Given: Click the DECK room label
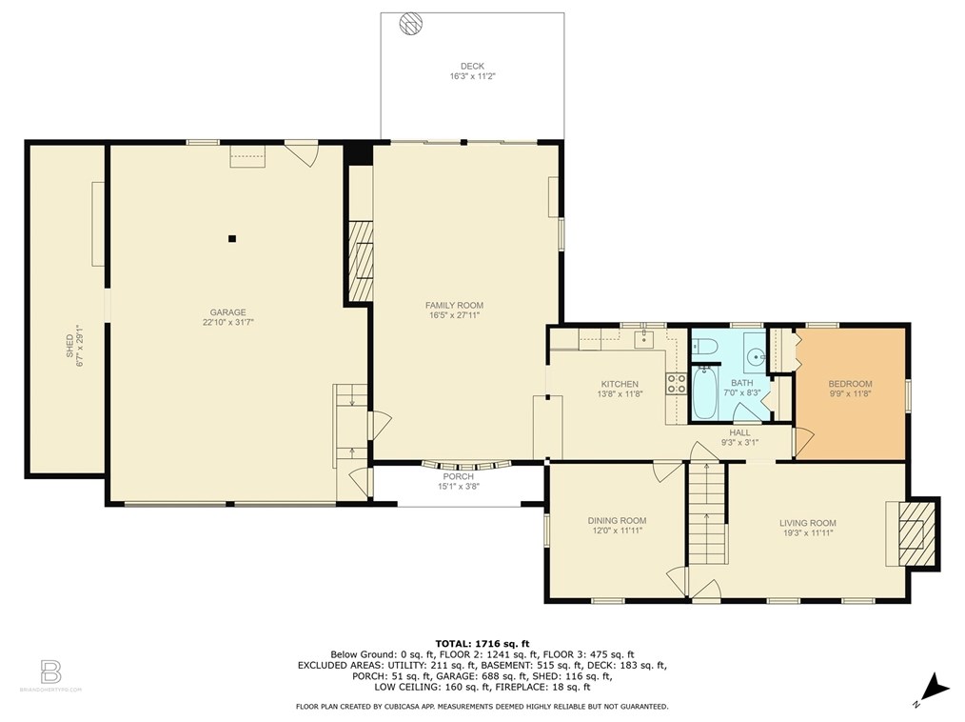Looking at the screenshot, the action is pyautogui.click(x=472, y=66).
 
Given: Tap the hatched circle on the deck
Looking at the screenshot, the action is pyautogui.click(x=410, y=24).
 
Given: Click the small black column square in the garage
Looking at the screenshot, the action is pyautogui.click(x=232, y=238).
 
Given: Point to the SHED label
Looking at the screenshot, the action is pyautogui.click(x=69, y=346).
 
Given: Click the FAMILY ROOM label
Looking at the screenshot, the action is pyautogui.click(x=454, y=305).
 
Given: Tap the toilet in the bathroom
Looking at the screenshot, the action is pyautogui.click(x=702, y=347).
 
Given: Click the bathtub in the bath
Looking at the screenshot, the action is pyautogui.click(x=704, y=391).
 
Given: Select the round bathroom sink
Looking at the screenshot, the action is pyautogui.click(x=755, y=356).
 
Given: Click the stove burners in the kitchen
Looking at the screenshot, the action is pyautogui.click(x=676, y=384).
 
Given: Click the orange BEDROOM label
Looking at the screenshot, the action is pyautogui.click(x=850, y=384).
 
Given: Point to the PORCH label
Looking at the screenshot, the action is pyautogui.click(x=459, y=476).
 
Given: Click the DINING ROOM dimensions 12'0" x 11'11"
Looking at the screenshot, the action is pyautogui.click(x=618, y=530).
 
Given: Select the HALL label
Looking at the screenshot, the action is pyautogui.click(x=739, y=432).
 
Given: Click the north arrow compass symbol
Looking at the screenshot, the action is pyautogui.click(x=934, y=690).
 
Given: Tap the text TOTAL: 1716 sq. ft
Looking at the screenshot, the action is pyautogui.click(x=482, y=644).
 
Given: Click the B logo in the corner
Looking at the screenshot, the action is pyautogui.click(x=50, y=672).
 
